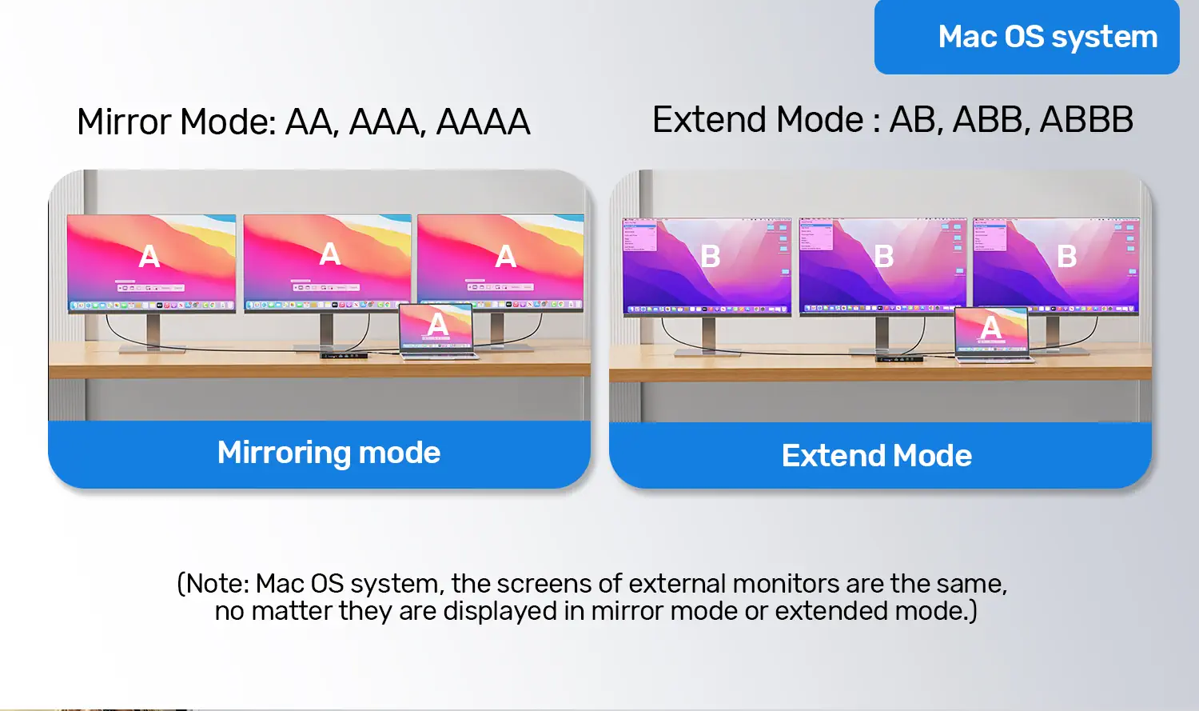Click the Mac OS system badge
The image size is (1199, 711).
click(1026, 37)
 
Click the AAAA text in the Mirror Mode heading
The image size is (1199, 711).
click(484, 122)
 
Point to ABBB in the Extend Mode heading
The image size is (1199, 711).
click(1086, 119)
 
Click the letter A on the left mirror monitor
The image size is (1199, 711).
click(149, 257)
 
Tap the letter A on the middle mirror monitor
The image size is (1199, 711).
click(329, 254)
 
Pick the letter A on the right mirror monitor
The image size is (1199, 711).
click(506, 257)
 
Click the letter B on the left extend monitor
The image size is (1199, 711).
click(711, 257)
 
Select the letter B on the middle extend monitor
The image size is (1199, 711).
click(884, 257)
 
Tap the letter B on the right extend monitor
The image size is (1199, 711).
click(1067, 257)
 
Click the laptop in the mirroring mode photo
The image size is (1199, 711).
click(436, 331)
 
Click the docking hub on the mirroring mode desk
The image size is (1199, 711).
click(344, 355)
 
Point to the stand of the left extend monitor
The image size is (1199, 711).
click(709, 337)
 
